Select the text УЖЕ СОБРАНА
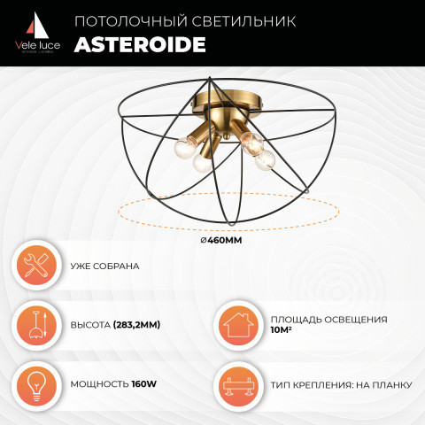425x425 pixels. [x=104, y=267]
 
